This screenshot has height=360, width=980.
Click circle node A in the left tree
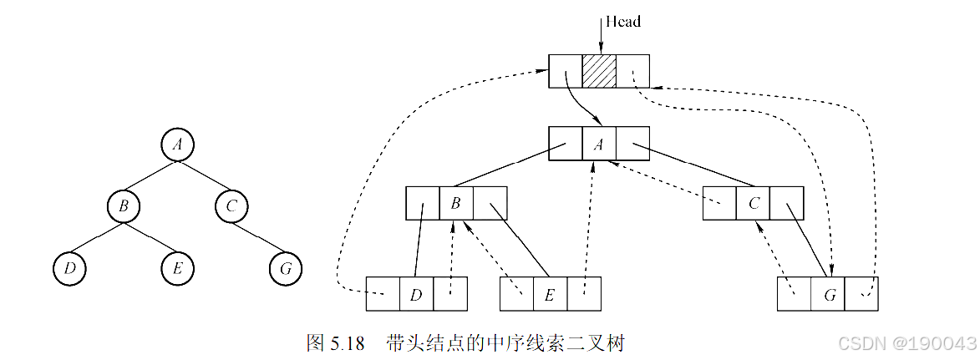pos(177,145)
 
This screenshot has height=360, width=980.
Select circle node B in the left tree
pos(123,205)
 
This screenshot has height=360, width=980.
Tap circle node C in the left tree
pos(231,205)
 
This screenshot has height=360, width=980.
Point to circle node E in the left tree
pos(177,269)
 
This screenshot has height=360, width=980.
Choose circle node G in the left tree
pos(286,269)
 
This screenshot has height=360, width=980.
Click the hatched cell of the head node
pos(599,71)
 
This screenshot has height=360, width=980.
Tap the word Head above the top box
pos(622,22)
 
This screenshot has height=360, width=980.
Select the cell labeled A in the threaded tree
pos(599,144)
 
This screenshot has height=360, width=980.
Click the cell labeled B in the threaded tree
pos(456,203)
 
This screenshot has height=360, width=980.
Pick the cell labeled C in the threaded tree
pos(753,203)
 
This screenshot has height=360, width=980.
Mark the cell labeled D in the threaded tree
pos(416,293)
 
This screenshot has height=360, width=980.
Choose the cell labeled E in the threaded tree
pos(550,293)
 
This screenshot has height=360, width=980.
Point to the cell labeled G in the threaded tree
pos(828,293)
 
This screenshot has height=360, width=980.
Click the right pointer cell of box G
pos(861,293)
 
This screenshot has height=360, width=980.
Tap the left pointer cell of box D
pos(383,293)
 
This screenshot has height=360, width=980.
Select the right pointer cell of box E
pos(583,293)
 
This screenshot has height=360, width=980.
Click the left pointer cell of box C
pos(719,203)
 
